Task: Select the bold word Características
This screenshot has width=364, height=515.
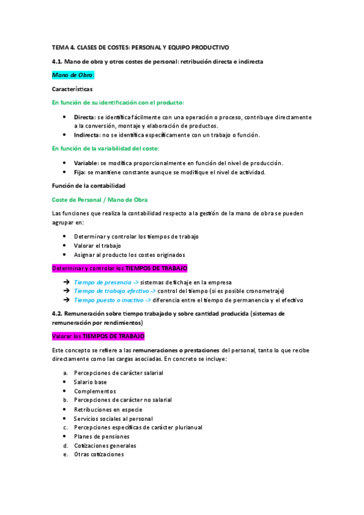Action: pos(72,89)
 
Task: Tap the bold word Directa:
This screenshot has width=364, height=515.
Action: pos(84,117)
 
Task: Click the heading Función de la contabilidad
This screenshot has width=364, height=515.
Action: pos(88,186)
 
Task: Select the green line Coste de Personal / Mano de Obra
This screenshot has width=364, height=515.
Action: pos(100,200)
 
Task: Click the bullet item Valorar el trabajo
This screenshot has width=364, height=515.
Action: pos(98,245)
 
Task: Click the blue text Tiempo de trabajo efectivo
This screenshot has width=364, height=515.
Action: pos(108,291)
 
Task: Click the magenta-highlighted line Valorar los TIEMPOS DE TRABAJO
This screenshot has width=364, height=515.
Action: pos(98,336)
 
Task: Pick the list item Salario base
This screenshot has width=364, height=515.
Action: pos(90,381)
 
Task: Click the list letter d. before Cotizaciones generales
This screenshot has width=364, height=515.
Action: pos(65,445)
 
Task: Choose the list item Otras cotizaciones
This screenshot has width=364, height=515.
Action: pos(98,454)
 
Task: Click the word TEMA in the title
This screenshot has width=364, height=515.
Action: pos(61,47)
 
